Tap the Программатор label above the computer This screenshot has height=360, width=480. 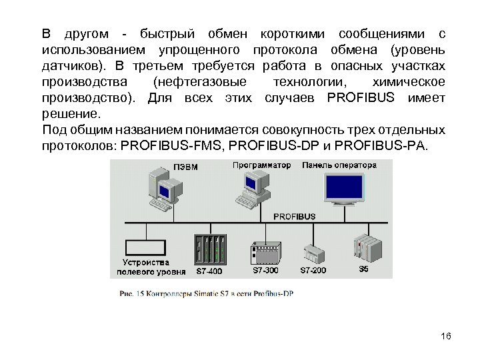[262, 165]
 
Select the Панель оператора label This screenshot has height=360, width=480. [339, 165]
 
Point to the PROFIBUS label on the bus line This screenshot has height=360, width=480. [293, 217]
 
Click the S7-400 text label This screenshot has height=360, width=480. [209, 271]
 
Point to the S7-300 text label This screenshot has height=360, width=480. [265, 271]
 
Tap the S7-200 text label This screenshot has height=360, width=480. [313, 271]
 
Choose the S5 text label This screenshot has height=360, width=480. [363, 269]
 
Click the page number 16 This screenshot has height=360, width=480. [446, 336]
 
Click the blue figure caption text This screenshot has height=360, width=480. [207, 293]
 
